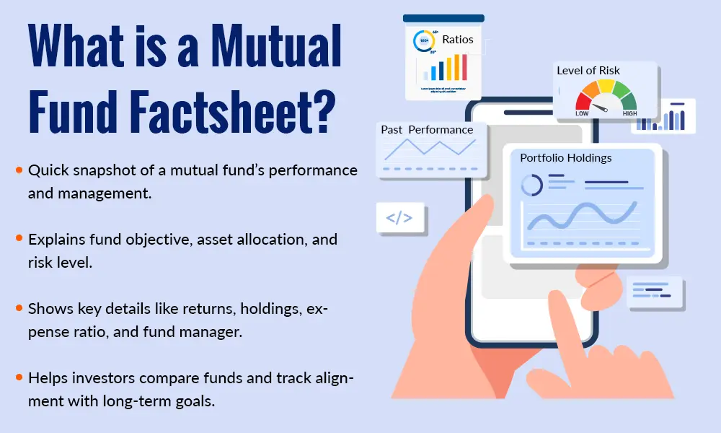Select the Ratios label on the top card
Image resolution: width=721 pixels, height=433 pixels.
(459, 39)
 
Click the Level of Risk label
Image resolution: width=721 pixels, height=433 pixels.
(588, 71)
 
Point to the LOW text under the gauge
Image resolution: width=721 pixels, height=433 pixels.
(583, 113)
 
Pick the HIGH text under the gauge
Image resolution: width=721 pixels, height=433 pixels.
(629, 113)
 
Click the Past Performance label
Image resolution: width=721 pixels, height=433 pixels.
(427, 130)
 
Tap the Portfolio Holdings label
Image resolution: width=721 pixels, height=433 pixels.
(565, 157)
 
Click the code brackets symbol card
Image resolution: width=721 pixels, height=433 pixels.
(399, 216)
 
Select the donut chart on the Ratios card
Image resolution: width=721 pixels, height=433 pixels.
(423, 42)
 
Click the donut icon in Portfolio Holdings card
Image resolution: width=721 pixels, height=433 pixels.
(532, 185)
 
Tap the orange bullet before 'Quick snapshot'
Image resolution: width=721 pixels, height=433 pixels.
(19, 171)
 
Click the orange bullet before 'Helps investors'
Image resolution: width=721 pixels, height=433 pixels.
(19, 377)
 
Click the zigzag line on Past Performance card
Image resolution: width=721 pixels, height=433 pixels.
(430, 149)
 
